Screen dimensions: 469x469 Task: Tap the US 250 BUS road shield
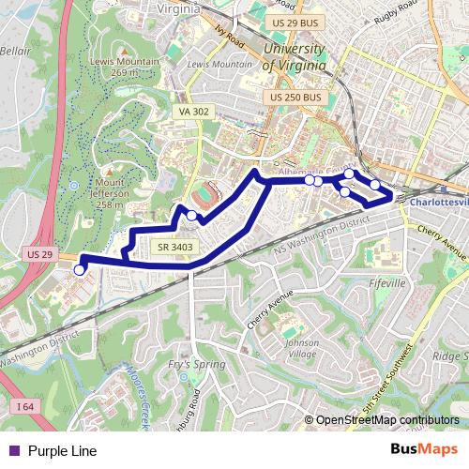(295, 97)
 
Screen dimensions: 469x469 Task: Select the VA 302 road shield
(193, 111)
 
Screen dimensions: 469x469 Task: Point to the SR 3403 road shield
(175, 247)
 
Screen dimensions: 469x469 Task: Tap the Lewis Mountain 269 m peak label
(126, 66)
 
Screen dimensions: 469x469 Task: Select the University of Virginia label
(295, 57)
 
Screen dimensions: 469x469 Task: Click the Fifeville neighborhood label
(386, 281)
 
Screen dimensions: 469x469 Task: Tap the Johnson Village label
(302, 348)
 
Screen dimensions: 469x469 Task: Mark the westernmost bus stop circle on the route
(80, 269)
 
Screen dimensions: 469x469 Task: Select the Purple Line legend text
(62, 450)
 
